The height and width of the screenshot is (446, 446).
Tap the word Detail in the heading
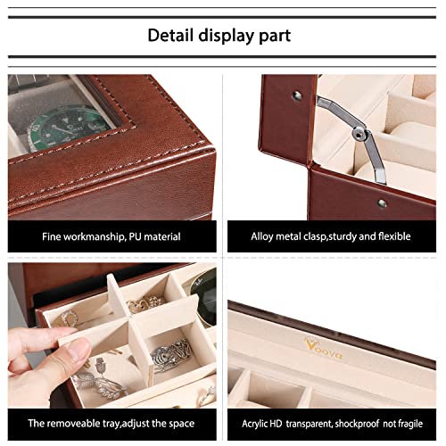click(x=174, y=36)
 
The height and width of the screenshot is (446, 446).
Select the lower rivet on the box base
click(x=382, y=203)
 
